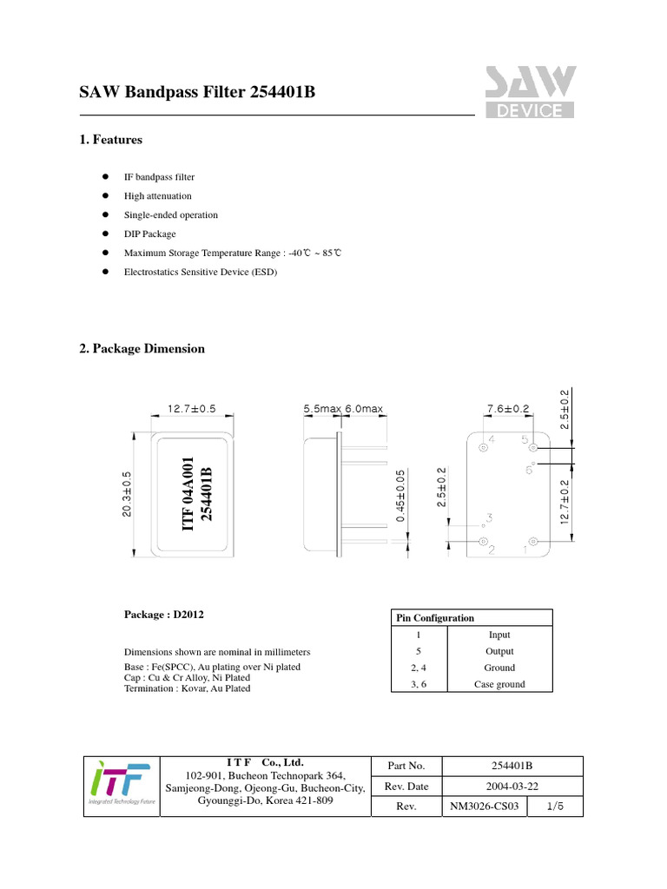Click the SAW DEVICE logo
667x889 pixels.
coord(529,91)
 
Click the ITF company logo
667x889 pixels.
coord(122,786)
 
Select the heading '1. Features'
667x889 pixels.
coord(110,140)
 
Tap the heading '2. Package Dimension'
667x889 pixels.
coord(142,349)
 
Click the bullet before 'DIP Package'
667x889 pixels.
coord(104,234)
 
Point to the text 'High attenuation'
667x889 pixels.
coord(158,196)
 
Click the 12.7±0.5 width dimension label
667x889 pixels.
coord(191,409)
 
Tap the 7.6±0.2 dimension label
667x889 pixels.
coord(508,409)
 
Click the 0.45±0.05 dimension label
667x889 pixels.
coord(400,496)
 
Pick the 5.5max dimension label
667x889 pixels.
coord(321,409)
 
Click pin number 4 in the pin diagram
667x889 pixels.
coord(491,440)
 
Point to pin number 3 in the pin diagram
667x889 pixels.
coord(489,518)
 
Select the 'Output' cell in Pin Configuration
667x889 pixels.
coord(499,651)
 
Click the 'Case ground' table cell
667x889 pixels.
coord(499,684)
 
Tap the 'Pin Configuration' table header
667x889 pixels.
coord(435,618)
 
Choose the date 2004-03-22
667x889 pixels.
coord(512,787)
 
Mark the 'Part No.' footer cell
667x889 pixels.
coord(406,766)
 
